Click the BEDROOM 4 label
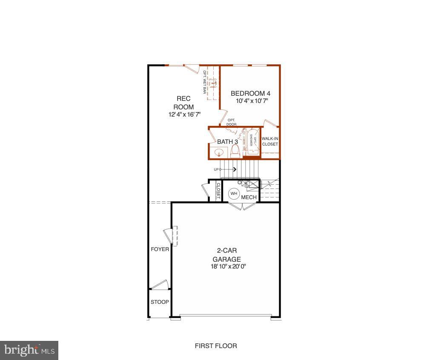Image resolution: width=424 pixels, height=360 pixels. [x=250, y=94]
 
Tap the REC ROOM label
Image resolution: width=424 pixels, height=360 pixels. [x=183, y=103]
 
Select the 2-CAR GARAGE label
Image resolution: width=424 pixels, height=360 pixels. [x=226, y=255]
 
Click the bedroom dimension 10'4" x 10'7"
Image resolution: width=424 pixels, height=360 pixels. [x=252, y=101]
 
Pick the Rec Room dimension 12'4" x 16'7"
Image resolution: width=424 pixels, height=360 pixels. [x=184, y=114]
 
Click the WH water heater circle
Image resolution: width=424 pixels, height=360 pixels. [x=234, y=194]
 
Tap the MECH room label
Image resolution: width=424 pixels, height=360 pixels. [x=249, y=197]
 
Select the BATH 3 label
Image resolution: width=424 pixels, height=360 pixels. [x=227, y=141]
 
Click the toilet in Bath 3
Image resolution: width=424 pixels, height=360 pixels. [x=235, y=151]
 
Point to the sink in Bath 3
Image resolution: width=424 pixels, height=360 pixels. [x=220, y=152]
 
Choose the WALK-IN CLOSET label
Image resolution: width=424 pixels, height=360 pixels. [x=270, y=141]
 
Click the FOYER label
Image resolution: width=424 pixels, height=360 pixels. [x=160, y=249]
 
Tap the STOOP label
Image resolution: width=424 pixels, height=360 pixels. [x=160, y=302]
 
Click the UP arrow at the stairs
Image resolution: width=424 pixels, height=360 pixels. [x=226, y=169]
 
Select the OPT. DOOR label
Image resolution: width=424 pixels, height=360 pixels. [x=232, y=122]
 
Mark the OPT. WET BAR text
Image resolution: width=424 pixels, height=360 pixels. [x=205, y=82]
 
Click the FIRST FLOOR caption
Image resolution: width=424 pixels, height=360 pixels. [x=216, y=346]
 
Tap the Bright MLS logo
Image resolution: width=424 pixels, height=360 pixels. [x=29, y=350]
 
